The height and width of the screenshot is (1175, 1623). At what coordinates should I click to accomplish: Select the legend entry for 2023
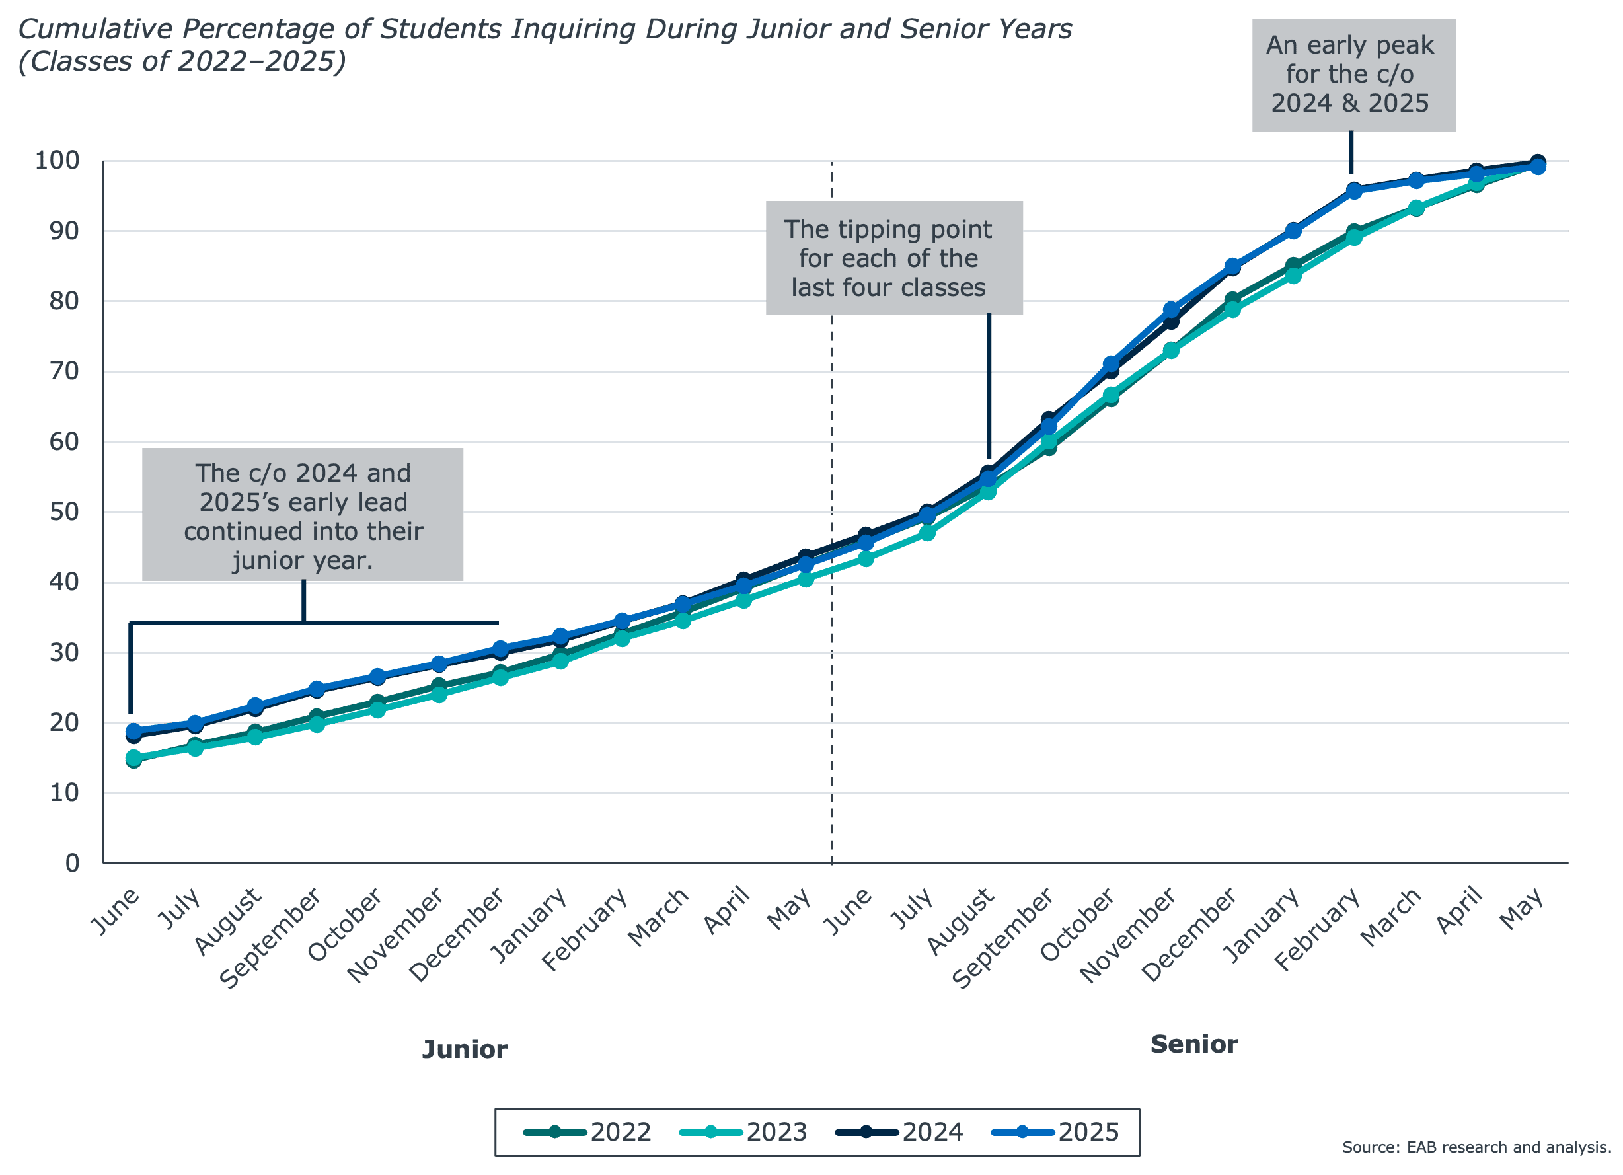point(744,1132)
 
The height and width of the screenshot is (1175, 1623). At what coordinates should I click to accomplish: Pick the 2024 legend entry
point(900,1132)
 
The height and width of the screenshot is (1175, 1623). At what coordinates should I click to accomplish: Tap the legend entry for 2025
point(1056,1132)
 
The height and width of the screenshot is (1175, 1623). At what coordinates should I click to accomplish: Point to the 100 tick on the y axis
point(57,161)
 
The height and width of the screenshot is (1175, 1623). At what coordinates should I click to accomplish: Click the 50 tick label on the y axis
point(63,512)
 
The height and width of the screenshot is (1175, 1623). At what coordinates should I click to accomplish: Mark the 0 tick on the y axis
point(71,863)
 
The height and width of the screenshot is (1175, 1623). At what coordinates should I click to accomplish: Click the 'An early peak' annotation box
point(1353,75)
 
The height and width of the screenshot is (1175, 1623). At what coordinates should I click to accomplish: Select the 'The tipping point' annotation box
point(894,258)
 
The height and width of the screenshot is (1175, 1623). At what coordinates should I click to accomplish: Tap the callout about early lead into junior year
point(303,515)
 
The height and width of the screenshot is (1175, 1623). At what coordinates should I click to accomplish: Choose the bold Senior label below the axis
point(1193,1045)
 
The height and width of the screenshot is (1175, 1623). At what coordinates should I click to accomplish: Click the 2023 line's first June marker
point(133,758)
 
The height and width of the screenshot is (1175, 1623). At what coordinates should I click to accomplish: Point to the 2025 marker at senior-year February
point(1354,191)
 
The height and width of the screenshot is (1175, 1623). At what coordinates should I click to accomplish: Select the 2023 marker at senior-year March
point(1415,208)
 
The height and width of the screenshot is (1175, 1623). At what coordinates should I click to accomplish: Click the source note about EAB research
point(1476,1147)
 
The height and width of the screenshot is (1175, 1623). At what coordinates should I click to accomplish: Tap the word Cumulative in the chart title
point(95,29)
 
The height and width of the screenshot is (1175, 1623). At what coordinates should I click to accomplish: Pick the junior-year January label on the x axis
point(530,925)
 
